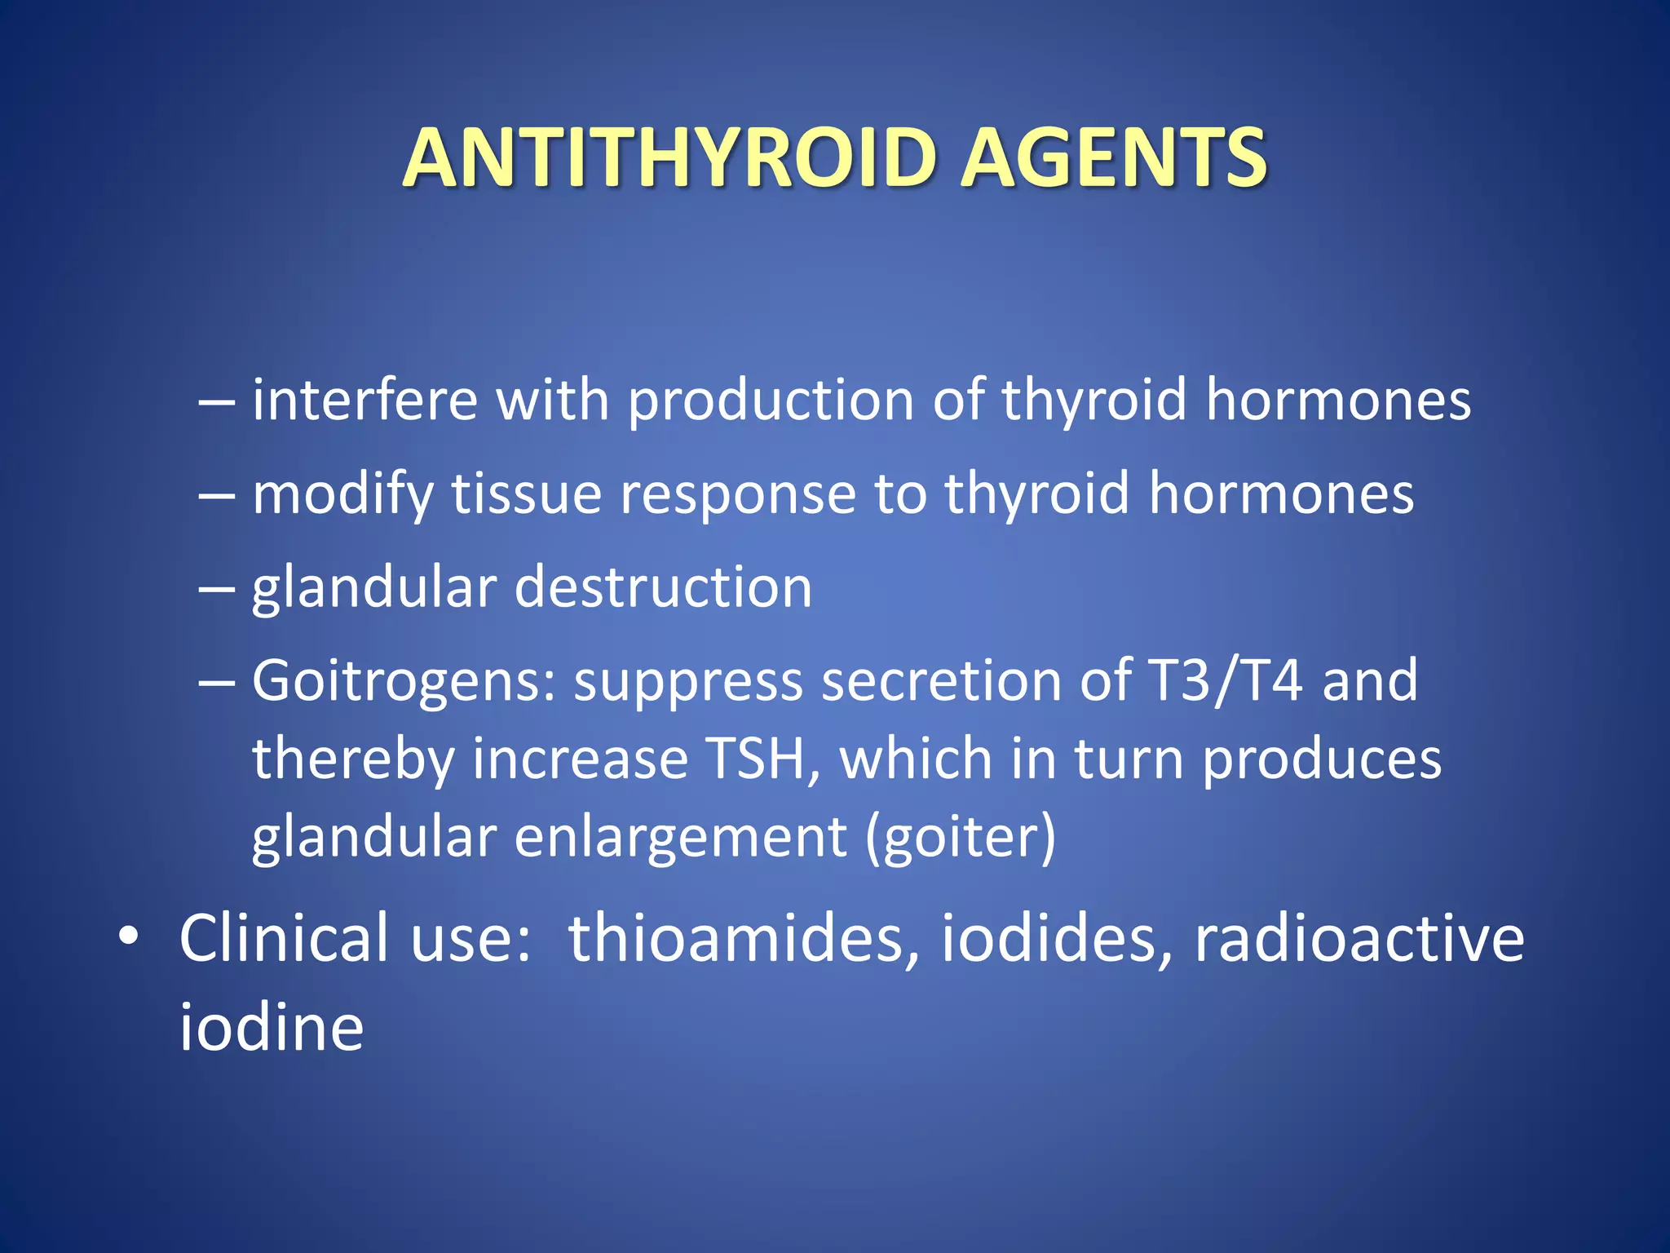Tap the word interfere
click(364, 401)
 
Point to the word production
click(771, 402)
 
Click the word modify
click(343, 496)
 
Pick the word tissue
click(526, 494)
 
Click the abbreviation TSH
click(762, 759)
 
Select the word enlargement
click(681, 839)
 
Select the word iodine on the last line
click(272, 1027)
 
